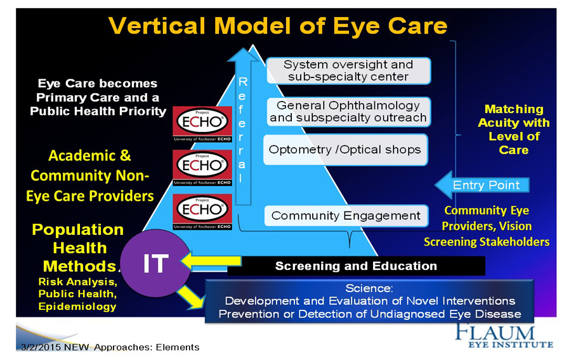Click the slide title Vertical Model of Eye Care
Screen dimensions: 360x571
(278, 26)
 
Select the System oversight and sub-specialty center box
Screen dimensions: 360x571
(348, 70)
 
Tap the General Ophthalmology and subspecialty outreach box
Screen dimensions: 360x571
(348, 112)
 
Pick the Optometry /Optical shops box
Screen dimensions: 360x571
(345, 150)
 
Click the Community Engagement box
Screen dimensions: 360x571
(346, 216)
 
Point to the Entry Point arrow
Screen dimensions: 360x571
(482, 185)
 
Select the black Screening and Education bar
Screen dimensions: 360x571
(356, 266)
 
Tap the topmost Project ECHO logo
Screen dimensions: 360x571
(202, 122)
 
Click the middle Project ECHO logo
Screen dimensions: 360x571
(202, 166)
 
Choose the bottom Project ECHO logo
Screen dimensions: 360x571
(202, 210)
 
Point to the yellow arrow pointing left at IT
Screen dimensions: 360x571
(212, 260)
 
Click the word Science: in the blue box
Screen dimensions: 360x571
(370, 288)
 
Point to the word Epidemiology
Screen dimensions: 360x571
(77, 306)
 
